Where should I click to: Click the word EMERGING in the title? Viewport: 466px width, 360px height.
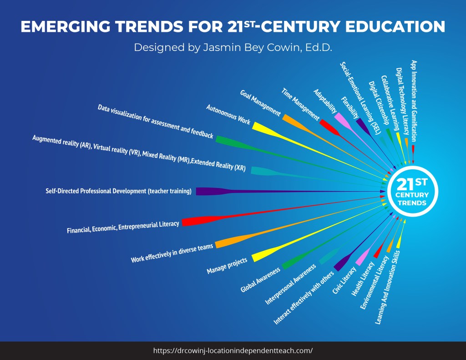[x=64, y=27]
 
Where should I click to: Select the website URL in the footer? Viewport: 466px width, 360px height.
[x=233, y=350]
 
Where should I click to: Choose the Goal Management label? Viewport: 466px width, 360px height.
[x=260, y=103]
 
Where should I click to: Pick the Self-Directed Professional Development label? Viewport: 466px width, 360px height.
[x=118, y=191]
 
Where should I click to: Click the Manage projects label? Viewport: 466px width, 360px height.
[x=227, y=266]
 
